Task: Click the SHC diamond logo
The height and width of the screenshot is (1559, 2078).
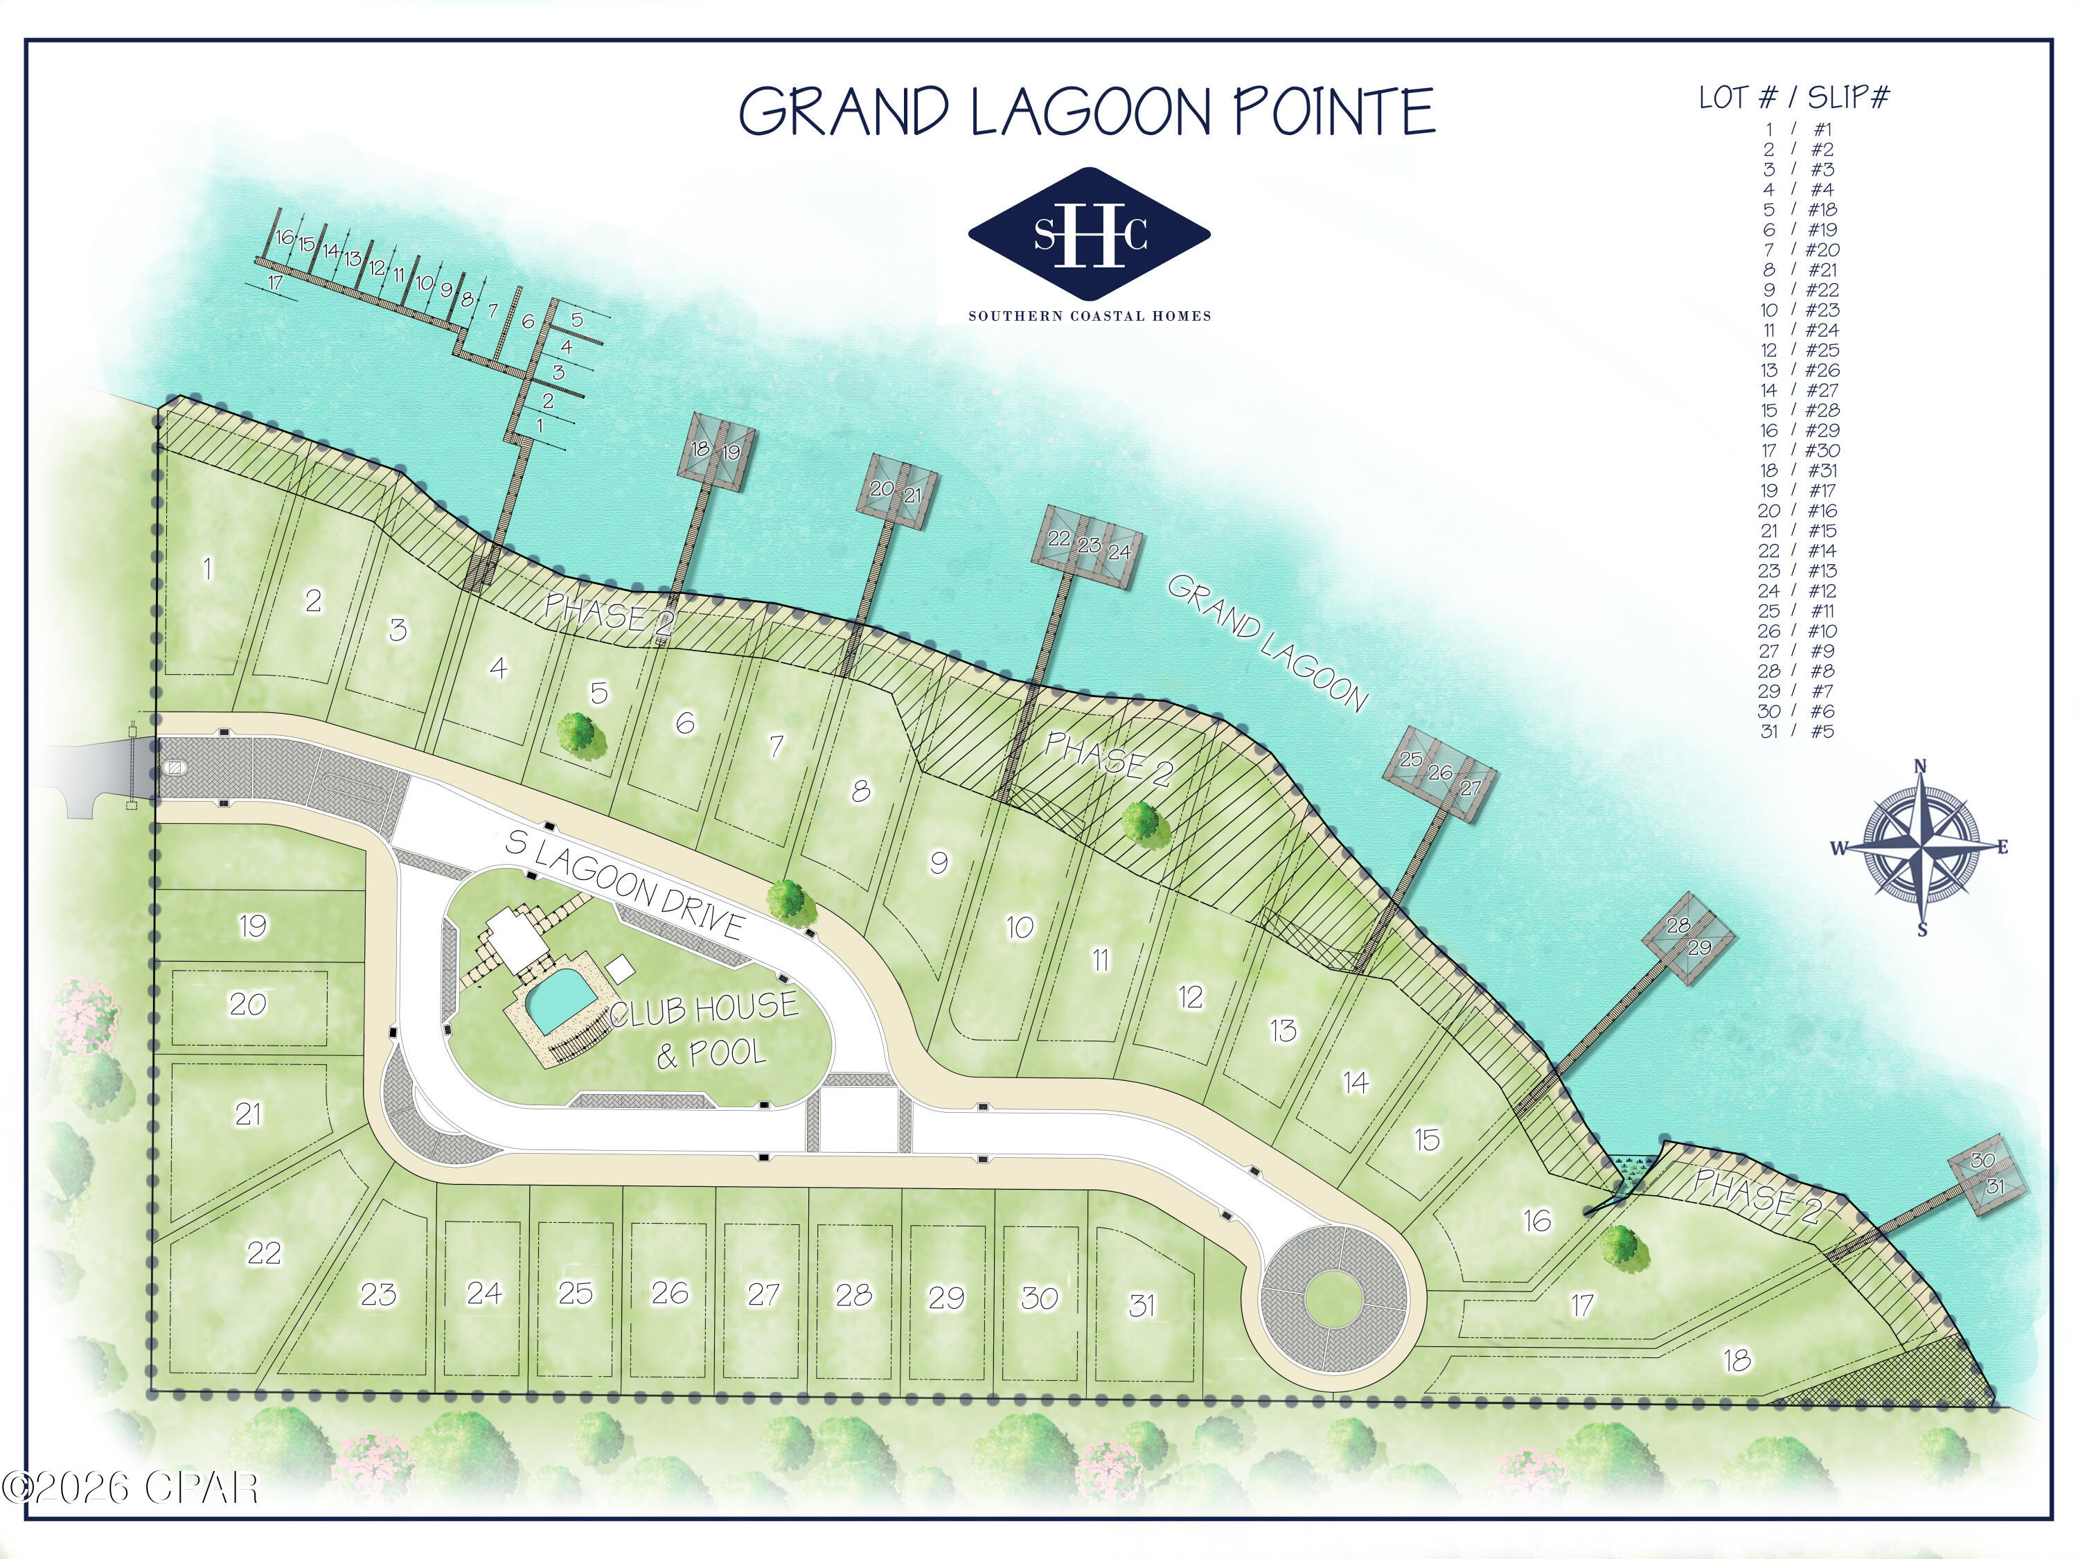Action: (x=1089, y=232)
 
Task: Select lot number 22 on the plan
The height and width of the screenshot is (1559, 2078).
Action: (x=264, y=1252)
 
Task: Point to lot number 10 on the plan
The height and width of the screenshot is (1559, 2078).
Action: (x=1020, y=928)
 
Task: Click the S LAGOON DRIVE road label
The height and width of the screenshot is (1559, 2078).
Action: (x=625, y=884)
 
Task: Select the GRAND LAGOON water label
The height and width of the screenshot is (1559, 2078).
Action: (x=1266, y=644)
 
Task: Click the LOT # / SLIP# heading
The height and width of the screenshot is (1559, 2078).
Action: (x=1794, y=98)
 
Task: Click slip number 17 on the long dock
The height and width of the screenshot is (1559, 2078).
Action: (x=275, y=282)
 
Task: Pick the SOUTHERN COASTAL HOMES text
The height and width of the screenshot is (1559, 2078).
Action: (x=1090, y=316)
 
